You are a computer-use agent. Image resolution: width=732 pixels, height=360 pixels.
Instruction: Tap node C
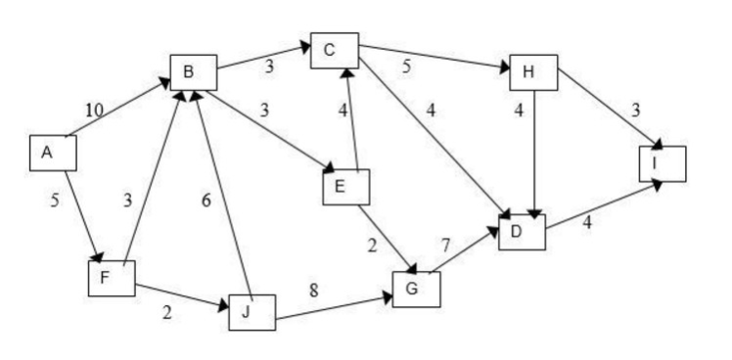[335, 51]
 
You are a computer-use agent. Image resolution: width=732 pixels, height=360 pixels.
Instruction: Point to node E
[345, 187]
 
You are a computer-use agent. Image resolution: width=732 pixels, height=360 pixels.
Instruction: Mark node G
[416, 289]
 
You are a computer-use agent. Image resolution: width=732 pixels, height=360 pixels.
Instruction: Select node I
[662, 163]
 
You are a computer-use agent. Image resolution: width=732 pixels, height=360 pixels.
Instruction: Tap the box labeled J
[252, 311]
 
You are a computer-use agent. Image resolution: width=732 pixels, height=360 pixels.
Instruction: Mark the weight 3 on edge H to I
[637, 110]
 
